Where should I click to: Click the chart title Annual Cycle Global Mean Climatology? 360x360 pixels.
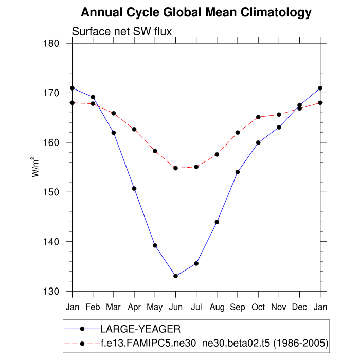pyautogui.click(x=196, y=12)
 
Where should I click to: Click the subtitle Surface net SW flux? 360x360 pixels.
pyautogui.click(x=122, y=32)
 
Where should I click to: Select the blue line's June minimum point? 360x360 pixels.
pyautogui.click(x=175, y=276)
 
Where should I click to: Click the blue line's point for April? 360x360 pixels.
pyautogui.click(x=134, y=188)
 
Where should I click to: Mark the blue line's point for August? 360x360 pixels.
pyautogui.click(x=217, y=222)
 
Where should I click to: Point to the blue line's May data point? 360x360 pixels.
pyautogui.click(x=155, y=245)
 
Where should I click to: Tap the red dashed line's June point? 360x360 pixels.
pyautogui.click(x=175, y=168)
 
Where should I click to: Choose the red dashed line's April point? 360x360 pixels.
pyautogui.click(x=134, y=129)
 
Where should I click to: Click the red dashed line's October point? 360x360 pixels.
pyautogui.click(x=258, y=117)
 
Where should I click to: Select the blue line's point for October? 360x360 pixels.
pyautogui.click(x=258, y=142)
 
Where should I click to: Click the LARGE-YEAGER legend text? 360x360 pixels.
pyautogui.click(x=140, y=328)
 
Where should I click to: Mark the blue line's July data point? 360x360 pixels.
pyautogui.click(x=196, y=263)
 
